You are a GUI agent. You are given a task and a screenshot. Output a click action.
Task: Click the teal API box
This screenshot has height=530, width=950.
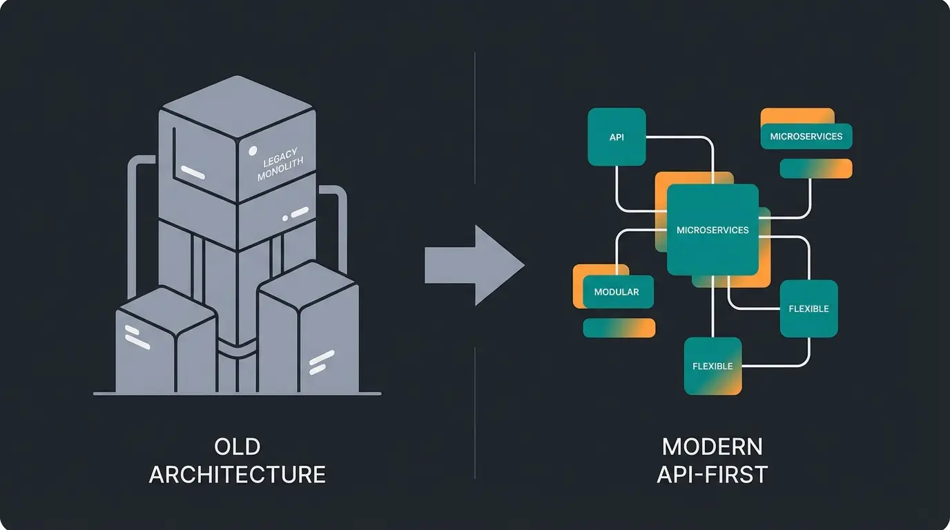click(617, 137)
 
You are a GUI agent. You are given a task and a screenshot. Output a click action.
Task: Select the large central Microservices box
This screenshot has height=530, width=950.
click(712, 230)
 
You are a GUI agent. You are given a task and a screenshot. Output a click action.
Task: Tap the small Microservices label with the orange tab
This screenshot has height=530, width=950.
click(806, 136)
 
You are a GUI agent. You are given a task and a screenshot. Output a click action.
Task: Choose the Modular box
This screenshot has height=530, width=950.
click(616, 292)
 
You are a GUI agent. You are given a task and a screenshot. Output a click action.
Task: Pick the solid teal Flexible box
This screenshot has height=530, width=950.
click(808, 308)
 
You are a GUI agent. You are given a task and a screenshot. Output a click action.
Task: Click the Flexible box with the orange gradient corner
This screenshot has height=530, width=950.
click(712, 366)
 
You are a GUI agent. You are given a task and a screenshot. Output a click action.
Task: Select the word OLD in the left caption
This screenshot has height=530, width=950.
click(237, 446)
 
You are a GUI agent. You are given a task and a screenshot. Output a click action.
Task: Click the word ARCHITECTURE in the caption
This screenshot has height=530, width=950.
click(237, 475)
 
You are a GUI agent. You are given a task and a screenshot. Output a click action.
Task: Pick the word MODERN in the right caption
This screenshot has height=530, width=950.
click(712, 446)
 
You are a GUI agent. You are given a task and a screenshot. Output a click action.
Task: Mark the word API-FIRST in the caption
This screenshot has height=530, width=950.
click(712, 475)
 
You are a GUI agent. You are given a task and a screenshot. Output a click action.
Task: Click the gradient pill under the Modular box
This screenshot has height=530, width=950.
click(619, 328)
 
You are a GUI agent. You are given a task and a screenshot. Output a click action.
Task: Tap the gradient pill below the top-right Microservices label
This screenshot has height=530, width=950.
click(815, 168)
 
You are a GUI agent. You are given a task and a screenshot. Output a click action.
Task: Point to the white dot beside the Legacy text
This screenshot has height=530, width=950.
click(253, 150)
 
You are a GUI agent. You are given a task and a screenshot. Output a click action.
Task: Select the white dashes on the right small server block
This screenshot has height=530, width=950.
click(322, 362)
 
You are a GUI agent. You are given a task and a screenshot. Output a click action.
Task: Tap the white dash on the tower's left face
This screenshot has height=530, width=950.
click(193, 172)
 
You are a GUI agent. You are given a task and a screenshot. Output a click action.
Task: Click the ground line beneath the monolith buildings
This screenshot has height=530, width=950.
click(237, 393)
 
